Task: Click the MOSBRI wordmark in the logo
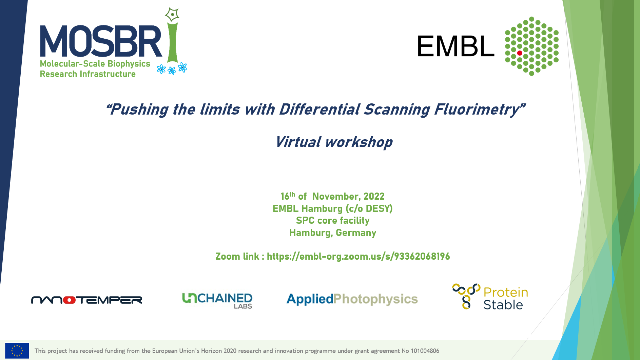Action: tap(101, 41)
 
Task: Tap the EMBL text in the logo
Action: tap(456, 46)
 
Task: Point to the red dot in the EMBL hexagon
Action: tap(520, 53)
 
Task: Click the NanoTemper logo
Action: tap(86, 300)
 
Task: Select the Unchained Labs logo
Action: tap(217, 301)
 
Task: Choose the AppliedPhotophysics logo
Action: tap(352, 299)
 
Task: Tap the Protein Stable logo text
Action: tap(505, 298)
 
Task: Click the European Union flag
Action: tap(17, 351)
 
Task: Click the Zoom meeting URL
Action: tap(358, 256)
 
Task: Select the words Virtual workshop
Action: tap(334, 142)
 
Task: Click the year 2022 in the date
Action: tap(374, 196)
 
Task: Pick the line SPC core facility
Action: tap(333, 221)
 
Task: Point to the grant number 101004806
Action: tap(425, 351)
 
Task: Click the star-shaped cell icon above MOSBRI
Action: tap(172, 15)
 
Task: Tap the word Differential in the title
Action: tap(319, 109)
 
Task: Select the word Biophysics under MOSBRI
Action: tap(129, 64)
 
